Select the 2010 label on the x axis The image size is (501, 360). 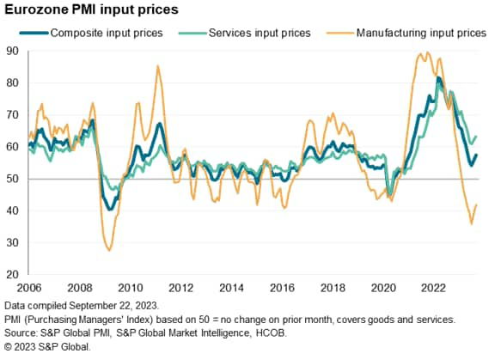pos(130,286)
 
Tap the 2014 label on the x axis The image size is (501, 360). pos(230,286)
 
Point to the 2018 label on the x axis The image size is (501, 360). pos(331,286)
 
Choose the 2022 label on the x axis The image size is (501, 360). pos(431,286)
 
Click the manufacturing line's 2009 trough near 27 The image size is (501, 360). pos(108,250)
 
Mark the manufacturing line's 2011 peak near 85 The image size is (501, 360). pos(157,66)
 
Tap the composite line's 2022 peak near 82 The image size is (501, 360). pos(439,78)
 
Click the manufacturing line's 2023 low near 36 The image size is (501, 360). pos(471,223)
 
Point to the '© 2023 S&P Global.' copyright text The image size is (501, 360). pos(47,345)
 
